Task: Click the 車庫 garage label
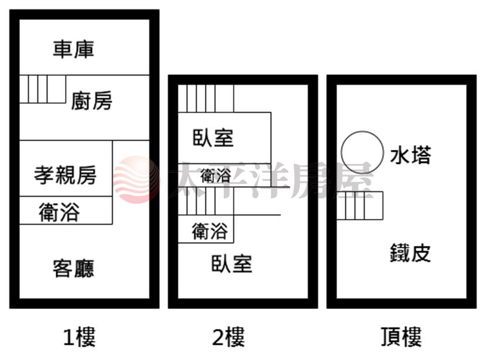point(73,49)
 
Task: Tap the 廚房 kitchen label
point(92,101)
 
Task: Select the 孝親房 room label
point(66,175)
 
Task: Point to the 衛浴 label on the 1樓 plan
point(59,212)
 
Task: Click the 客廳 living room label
point(73,268)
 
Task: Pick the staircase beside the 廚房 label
point(43,89)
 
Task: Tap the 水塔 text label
point(410,155)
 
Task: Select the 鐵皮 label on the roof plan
point(410,253)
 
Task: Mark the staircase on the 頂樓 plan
point(360,205)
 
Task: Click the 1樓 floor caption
point(80,337)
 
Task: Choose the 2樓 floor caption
point(228,337)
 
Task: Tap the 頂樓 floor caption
point(401,337)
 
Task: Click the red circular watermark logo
point(136,180)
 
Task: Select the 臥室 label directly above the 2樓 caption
point(232,263)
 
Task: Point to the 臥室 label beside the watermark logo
point(213,138)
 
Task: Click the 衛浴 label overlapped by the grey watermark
point(215,176)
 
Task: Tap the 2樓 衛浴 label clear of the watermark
point(210,231)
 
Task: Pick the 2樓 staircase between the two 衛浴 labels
point(206,201)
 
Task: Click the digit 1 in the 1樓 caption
point(67,337)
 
